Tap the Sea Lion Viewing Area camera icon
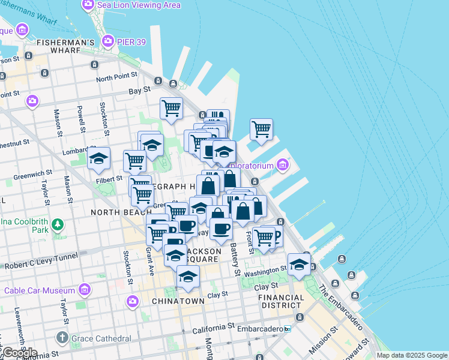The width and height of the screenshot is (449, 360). click(x=88, y=5)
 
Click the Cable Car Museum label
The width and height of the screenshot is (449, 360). click(x=40, y=291)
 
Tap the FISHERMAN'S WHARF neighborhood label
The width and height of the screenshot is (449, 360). click(x=65, y=47)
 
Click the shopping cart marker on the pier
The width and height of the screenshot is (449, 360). click(x=261, y=128)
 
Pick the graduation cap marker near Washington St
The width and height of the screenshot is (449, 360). click(x=298, y=263)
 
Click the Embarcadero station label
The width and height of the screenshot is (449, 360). click(x=263, y=329)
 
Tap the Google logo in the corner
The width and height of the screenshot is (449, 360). click(x=19, y=353)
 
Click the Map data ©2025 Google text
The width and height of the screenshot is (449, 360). click(x=412, y=355)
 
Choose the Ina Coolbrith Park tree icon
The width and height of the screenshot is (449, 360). click(x=57, y=224)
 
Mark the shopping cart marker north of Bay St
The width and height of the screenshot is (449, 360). click(x=171, y=109)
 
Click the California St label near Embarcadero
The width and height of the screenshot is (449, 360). click(x=213, y=328)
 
